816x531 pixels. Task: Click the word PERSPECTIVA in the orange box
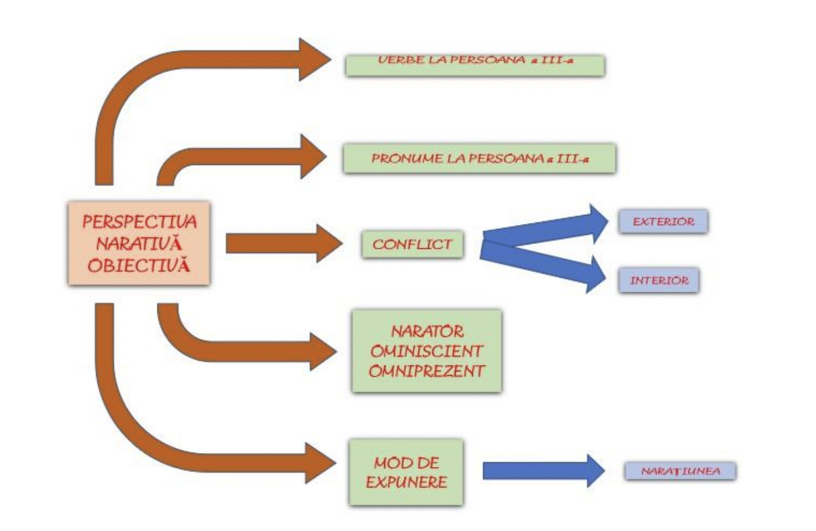139,222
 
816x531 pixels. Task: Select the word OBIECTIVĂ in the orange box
139,266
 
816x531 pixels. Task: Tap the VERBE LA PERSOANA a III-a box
475,65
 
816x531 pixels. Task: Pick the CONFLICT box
412,244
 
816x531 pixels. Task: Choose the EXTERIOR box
663,222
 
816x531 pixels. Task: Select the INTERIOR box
659,280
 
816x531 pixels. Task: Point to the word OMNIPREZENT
426,371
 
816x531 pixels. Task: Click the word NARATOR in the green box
427,332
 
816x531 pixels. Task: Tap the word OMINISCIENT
426,351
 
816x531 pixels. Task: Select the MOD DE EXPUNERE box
406,472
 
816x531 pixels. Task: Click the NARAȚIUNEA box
680,471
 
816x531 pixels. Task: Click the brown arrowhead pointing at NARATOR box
322,351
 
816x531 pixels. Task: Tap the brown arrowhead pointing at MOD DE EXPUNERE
320,463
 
